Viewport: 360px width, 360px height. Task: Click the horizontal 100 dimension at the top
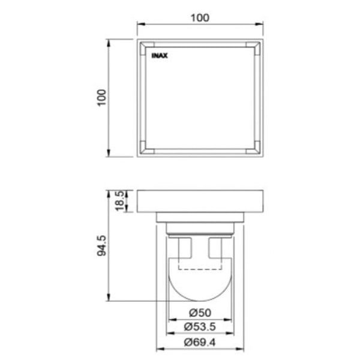(x=200, y=17)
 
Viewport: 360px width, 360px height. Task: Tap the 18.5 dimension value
(x=118, y=201)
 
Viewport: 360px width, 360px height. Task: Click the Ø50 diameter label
(x=199, y=313)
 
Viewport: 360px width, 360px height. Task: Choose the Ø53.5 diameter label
(x=200, y=326)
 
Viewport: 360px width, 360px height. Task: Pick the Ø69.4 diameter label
(x=200, y=341)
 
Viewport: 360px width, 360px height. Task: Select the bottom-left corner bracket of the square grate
(x=146, y=147)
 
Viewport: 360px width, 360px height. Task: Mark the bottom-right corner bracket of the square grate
(x=254, y=147)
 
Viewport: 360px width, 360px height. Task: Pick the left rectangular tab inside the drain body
(x=185, y=247)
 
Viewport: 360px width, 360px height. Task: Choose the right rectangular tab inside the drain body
(x=214, y=247)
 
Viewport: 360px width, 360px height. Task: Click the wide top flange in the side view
(x=200, y=201)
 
